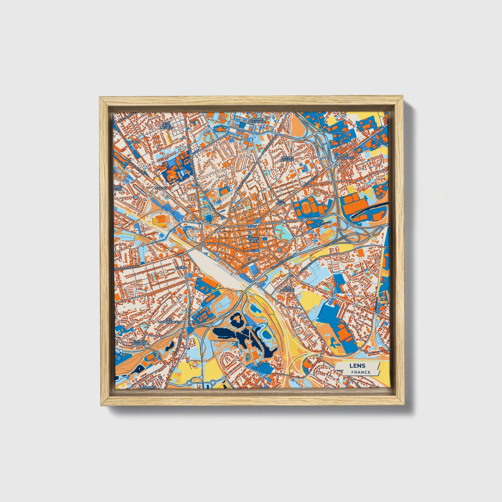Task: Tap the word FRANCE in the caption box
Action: tap(360, 372)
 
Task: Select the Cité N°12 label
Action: tap(133, 142)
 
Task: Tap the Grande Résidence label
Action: tap(257, 121)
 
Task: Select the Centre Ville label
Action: tap(252, 240)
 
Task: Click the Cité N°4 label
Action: tap(181, 268)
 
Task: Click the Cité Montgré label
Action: tap(289, 289)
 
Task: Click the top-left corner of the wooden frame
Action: tap(101, 98)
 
